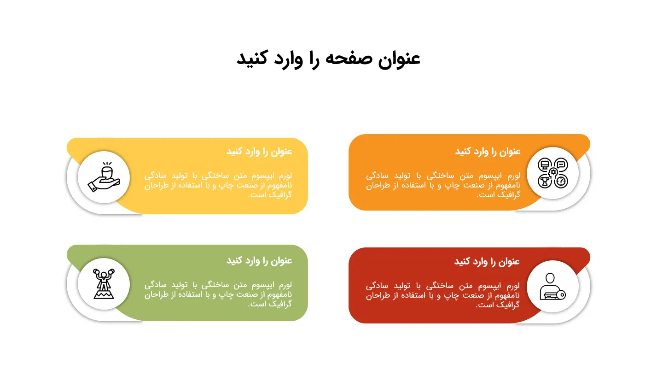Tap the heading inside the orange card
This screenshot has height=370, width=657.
pyautogui.click(x=488, y=152)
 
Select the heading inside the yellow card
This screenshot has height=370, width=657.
pyautogui.click(x=259, y=152)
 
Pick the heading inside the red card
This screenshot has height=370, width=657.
pyautogui.click(x=487, y=261)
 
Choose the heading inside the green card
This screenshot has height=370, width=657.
pyautogui.click(x=259, y=261)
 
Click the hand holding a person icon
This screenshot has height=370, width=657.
pyautogui.click(x=104, y=177)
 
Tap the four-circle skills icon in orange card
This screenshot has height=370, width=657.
pyautogui.click(x=553, y=173)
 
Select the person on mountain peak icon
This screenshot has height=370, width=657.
pyautogui.click(x=104, y=284)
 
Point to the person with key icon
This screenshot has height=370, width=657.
pyautogui.click(x=552, y=287)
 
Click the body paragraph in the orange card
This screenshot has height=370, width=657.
pyautogui.click(x=443, y=185)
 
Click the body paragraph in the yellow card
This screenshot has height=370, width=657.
pyautogui.click(x=218, y=185)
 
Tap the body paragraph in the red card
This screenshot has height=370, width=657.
pyautogui.click(x=442, y=295)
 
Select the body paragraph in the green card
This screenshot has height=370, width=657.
pyautogui.click(x=218, y=294)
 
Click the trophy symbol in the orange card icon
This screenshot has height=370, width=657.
pyautogui.click(x=545, y=182)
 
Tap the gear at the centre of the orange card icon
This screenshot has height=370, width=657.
pyautogui.click(x=553, y=172)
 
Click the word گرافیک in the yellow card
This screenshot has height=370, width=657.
pyautogui.click(x=280, y=195)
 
